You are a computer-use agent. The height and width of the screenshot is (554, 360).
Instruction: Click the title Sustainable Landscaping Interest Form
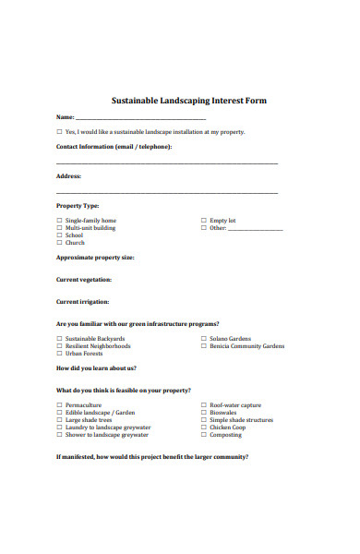pyautogui.click(x=188, y=101)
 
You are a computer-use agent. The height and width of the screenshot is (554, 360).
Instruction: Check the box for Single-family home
pyautogui.click(x=59, y=221)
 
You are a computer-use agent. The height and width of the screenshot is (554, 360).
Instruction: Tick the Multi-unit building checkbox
pyautogui.click(x=59, y=228)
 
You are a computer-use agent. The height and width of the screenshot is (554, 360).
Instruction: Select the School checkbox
pyautogui.click(x=59, y=235)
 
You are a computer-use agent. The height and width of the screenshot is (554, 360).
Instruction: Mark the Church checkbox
pyautogui.click(x=59, y=243)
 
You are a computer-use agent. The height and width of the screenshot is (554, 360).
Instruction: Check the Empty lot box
pyautogui.click(x=203, y=221)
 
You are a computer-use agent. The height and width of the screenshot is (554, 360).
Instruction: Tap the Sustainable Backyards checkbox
pyautogui.click(x=59, y=339)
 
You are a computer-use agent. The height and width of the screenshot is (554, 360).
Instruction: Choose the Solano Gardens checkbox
pyautogui.click(x=203, y=339)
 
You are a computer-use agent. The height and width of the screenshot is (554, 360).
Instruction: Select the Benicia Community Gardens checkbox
pyautogui.click(x=203, y=346)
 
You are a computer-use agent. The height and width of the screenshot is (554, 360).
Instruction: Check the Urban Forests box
pyautogui.click(x=59, y=354)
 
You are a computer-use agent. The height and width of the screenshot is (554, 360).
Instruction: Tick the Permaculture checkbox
pyautogui.click(x=59, y=405)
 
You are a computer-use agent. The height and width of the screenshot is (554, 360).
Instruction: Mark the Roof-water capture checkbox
pyautogui.click(x=203, y=405)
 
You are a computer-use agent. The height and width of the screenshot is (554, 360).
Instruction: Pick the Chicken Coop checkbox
pyautogui.click(x=203, y=428)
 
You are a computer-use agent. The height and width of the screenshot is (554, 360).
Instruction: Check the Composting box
pyautogui.click(x=203, y=435)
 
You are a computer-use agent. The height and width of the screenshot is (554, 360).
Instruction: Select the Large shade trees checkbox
pyautogui.click(x=59, y=420)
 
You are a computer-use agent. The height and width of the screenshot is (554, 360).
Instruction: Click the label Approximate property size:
pyautogui.click(x=95, y=258)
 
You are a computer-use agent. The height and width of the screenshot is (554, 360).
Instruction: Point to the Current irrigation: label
pyautogui.click(x=83, y=302)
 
